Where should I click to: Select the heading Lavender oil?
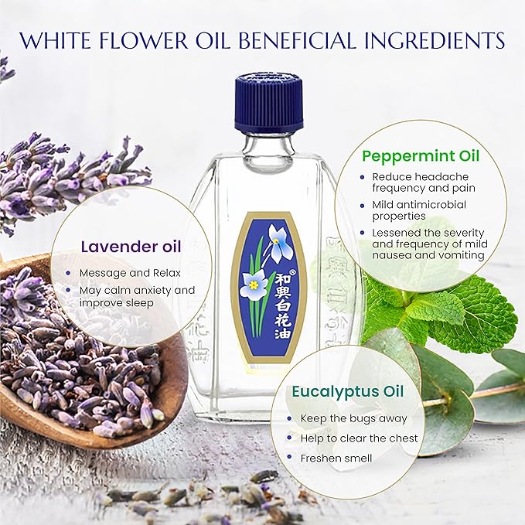132,247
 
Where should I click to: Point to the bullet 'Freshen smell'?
336,458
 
